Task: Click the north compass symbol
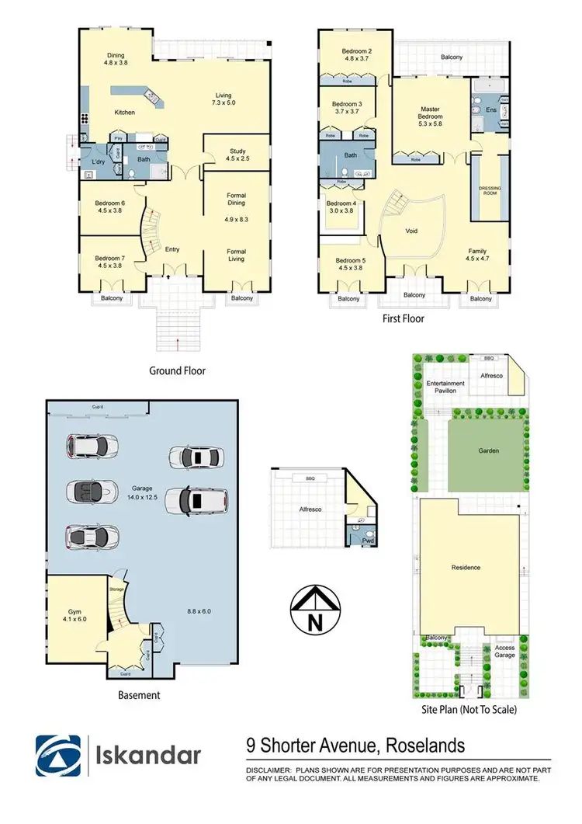314,610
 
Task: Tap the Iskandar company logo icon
57,756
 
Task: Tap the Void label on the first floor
413,231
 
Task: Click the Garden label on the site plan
488,450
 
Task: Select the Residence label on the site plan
466,568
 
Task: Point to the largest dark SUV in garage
197,500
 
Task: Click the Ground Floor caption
177,371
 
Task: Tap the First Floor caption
404,318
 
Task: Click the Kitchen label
125,113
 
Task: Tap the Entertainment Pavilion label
445,387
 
